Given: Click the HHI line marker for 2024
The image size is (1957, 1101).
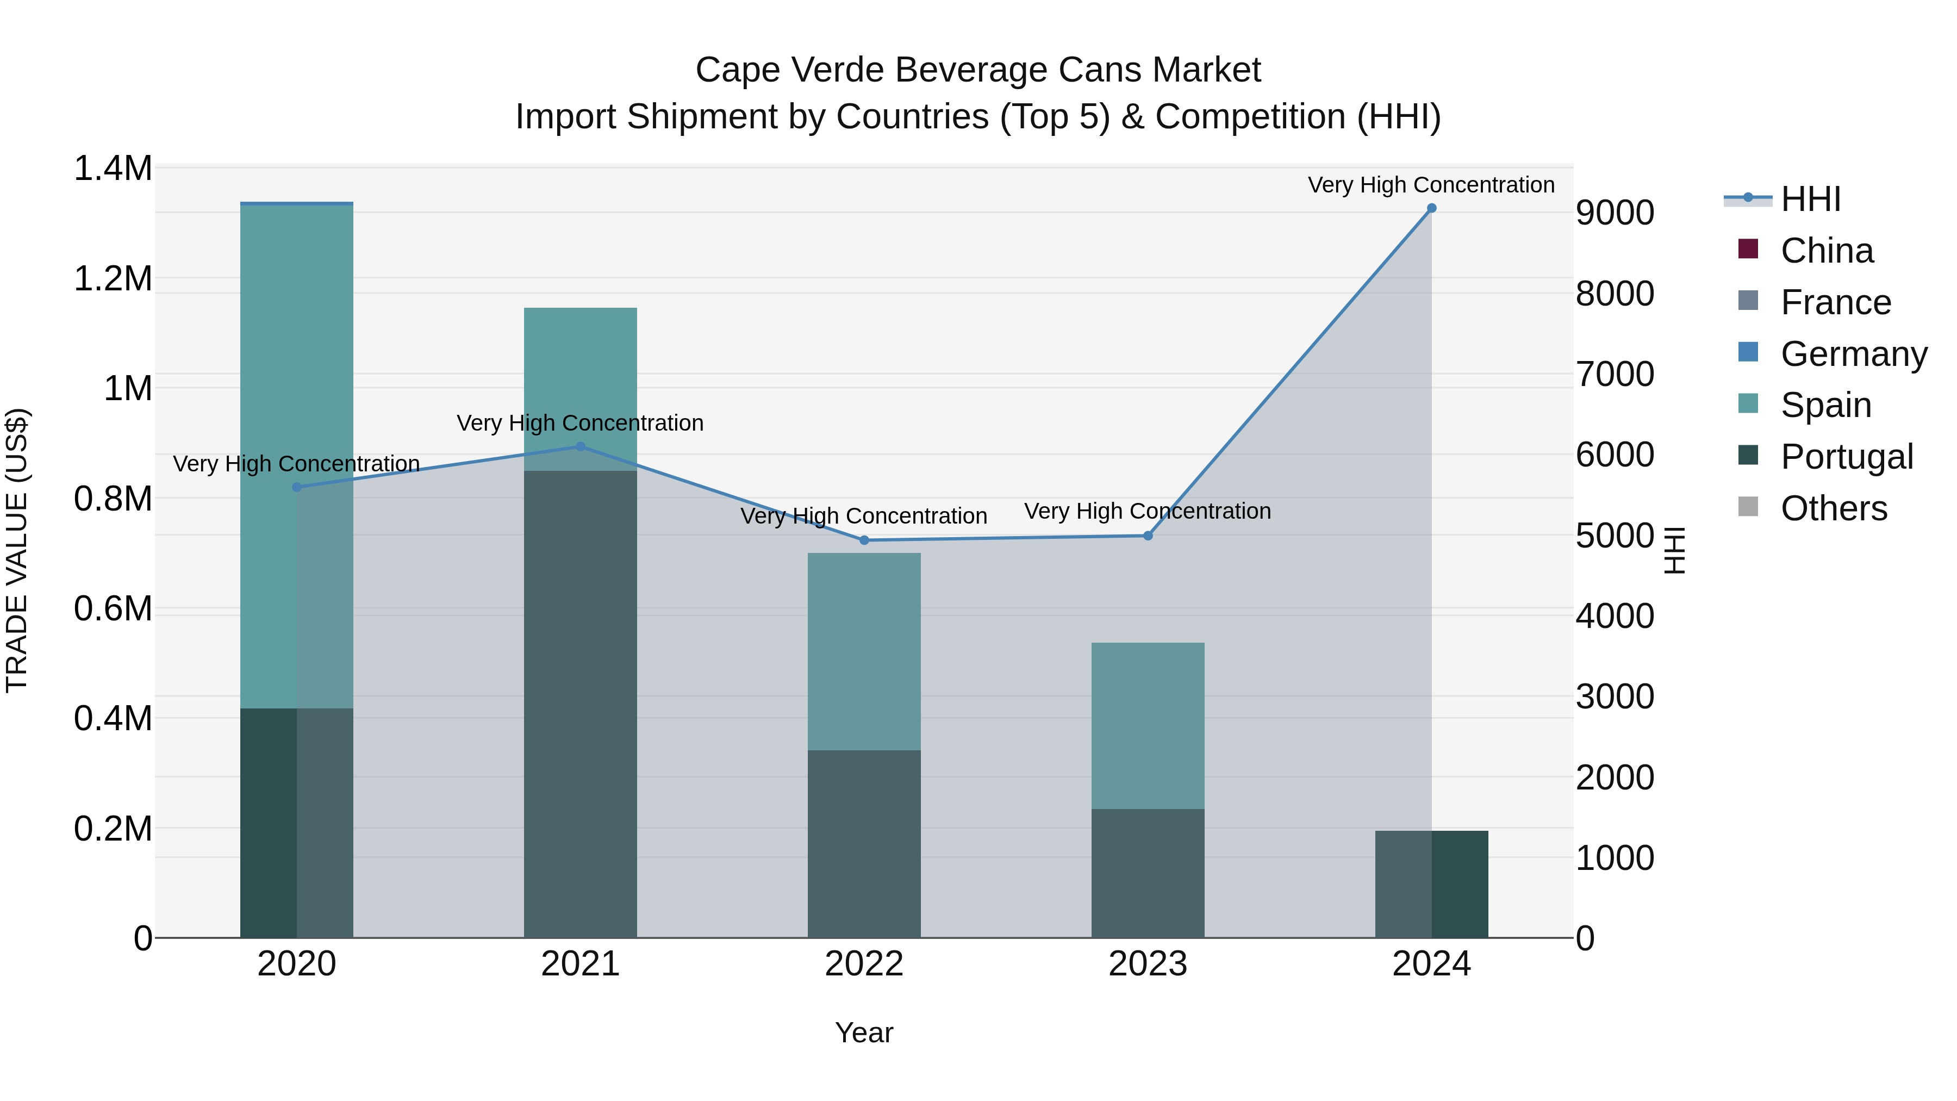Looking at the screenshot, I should point(1431,208).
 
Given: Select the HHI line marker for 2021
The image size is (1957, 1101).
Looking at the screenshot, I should point(581,447).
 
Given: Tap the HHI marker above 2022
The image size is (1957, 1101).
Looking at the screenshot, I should point(864,540).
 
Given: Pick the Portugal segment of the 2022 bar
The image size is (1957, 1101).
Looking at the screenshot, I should point(864,843).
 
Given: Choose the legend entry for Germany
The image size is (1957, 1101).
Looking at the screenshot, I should point(1853,354).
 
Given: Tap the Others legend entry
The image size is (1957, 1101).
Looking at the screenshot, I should point(1833,508).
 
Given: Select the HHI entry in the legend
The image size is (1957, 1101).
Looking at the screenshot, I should point(1810,199).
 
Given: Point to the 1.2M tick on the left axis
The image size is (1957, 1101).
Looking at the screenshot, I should point(113,279).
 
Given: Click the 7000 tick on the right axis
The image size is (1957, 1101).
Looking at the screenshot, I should point(1615,374).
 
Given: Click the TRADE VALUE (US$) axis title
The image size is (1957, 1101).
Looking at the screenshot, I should point(17,550).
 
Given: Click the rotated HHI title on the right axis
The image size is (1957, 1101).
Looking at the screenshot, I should point(1674,550).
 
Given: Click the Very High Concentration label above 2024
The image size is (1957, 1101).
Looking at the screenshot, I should point(1431,185).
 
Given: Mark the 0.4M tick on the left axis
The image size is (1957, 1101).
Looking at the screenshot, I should point(113,719).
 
